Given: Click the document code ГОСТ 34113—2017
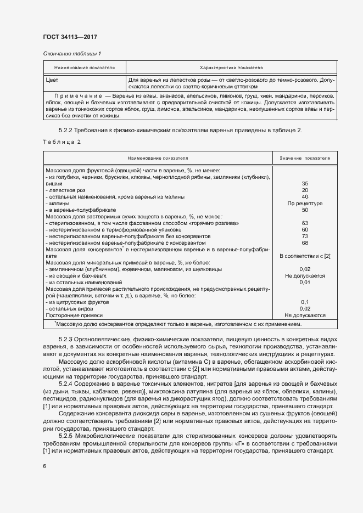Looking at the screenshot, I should click(x=70, y=37).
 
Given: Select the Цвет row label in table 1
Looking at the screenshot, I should click(x=53, y=80).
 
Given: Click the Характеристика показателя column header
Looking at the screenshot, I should click(x=230, y=67).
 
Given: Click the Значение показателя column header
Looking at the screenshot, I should click(x=305, y=158).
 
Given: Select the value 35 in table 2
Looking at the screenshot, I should click(x=305, y=184).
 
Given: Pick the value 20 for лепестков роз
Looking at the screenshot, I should click(x=305, y=190).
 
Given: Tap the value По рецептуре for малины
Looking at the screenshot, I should click(x=305, y=204).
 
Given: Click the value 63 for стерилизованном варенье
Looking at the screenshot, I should click(x=305, y=223).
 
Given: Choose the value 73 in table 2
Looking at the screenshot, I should click(x=305, y=236).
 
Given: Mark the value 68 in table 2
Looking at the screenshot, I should click(x=305, y=243).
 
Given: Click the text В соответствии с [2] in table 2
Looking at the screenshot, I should click(x=305, y=256).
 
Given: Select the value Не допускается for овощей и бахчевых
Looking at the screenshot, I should click(x=305, y=276).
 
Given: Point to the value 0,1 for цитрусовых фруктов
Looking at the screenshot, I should click(x=305, y=302).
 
